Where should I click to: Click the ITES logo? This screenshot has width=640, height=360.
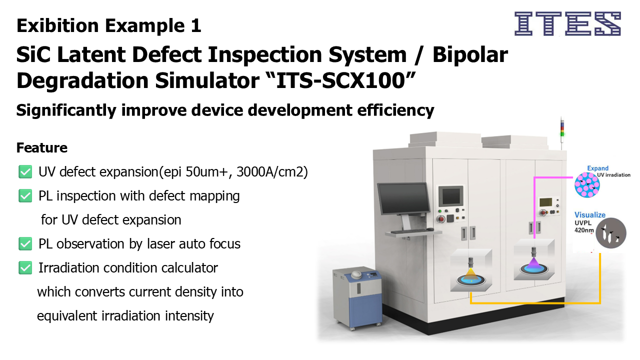(x=567, y=23)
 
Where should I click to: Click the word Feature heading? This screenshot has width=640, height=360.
(x=42, y=147)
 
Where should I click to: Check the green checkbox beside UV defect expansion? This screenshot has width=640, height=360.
(x=25, y=171)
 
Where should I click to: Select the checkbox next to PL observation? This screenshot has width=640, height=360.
(x=25, y=243)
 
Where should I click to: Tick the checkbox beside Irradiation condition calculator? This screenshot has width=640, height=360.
(x=25, y=267)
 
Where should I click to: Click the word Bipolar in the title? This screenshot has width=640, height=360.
(x=470, y=54)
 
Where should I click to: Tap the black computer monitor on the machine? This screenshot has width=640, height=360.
(x=403, y=198)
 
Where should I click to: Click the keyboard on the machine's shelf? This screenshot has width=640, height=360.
(x=411, y=231)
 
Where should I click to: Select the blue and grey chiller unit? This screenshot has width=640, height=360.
(x=357, y=298)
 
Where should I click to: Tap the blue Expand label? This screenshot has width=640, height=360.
(x=597, y=168)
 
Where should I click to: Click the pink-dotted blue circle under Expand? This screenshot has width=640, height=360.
(x=587, y=185)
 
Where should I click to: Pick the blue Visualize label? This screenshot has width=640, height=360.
(x=590, y=215)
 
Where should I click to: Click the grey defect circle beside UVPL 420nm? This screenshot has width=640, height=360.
(x=611, y=233)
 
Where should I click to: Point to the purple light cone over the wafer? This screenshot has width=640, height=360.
(x=533, y=263)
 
